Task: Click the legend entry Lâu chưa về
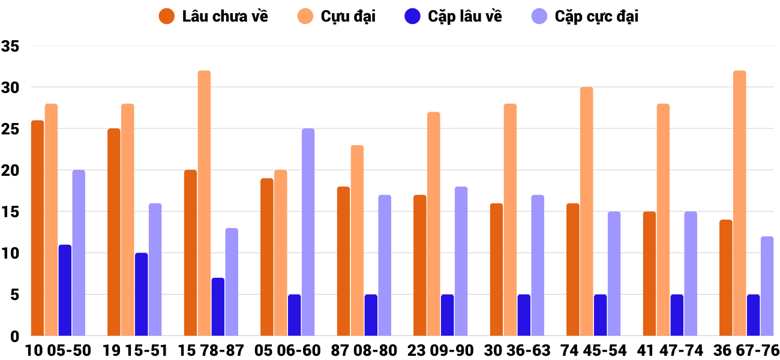pyautogui.click(x=214, y=16)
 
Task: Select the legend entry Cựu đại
pyautogui.click(x=336, y=16)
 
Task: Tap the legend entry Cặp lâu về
pyautogui.click(x=454, y=16)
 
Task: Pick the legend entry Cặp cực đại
pyautogui.click(x=585, y=16)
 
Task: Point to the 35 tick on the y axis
pyautogui.click(x=11, y=46)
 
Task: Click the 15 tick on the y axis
pyautogui.click(x=11, y=212)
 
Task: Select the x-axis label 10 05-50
pyautogui.click(x=58, y=350)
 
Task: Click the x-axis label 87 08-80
pyautogui.click(x=364, y=350)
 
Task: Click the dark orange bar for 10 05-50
pyautogui.click(x=37, y=228)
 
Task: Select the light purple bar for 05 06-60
pyautogui.click(x=308, y=232)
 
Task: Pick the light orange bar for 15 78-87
pyautogui.click(x=204, y=203)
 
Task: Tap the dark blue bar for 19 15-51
pyautogui.click(x=142, y=294)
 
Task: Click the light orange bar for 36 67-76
pyautogui.click(x=739, y=203)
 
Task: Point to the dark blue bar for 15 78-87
pyautogui.click(x=218, y=307)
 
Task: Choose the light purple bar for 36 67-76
pyautogui.click(x=767, y=286)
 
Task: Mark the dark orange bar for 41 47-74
pyautogui.click(x=649, y=274)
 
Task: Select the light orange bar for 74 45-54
pyautogui.click(x=586, y=211)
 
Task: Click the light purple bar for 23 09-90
pyautogui.click(x=461, y=261)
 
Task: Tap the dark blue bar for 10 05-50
pyautogui.click(x=65, y=290)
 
